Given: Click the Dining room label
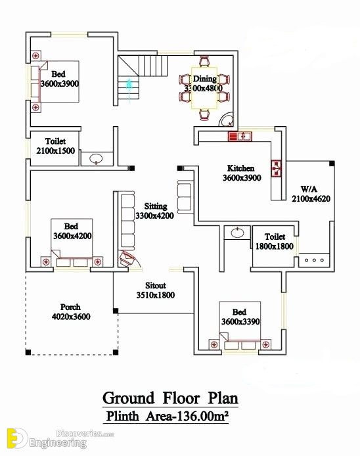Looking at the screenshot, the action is [205, 79].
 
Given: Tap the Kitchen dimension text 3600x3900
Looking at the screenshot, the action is [242, 177].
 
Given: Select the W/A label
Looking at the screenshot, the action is [309, 189].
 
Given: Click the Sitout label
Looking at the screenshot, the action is [156, 285].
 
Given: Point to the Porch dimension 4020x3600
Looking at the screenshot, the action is [71, 317].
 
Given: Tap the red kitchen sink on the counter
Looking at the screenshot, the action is [240, 136].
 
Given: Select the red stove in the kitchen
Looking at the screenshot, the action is [276, 168].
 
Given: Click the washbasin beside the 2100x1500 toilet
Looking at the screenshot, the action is [96, 159].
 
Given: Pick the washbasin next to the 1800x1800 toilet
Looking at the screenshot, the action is [238, 233].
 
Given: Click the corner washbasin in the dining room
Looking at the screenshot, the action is [227, 120].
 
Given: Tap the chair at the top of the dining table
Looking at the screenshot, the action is [204, 61].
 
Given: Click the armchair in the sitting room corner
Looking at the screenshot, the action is [127, 258].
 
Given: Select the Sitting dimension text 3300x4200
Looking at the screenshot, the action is [154, 216].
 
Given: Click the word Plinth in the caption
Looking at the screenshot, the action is [122, 416].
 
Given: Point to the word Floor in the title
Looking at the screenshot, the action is [181, 398].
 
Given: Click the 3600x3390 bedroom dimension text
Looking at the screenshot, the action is [240, 322].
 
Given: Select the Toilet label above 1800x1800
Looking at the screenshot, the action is [275, 237].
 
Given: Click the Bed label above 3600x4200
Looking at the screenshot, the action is [71, 226].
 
